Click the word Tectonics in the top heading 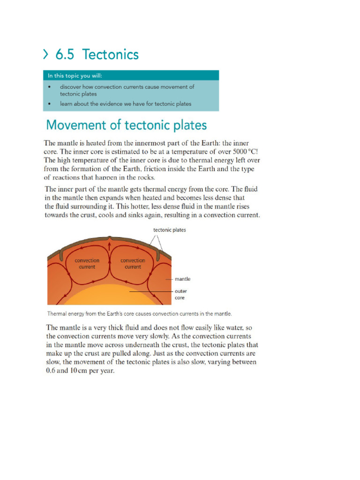[x=111, y=55]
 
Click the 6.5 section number [x=66, y=55]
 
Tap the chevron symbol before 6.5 [x=46, y=55]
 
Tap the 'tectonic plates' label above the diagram [x=170, y=230]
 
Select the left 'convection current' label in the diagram [x=87, y=263]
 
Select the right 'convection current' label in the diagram [x=133, y=263]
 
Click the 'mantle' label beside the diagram [x=182, y=279]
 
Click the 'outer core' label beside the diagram [x=180, y=294]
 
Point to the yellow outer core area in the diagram [x=108, y=296]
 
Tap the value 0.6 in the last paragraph [x=51, y=371]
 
